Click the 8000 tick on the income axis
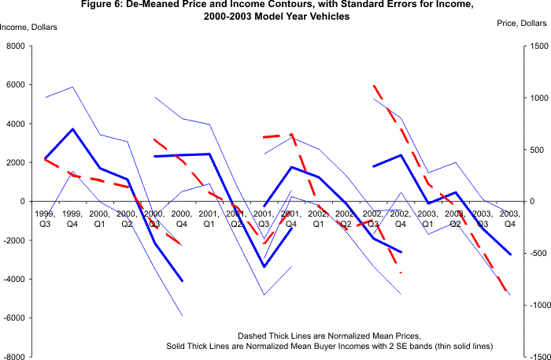pos(15,46)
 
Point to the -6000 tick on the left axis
pos(13,317)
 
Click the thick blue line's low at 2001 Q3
pos(264,267)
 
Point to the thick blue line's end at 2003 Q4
pos(510,254)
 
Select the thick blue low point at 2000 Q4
pos(183,280)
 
